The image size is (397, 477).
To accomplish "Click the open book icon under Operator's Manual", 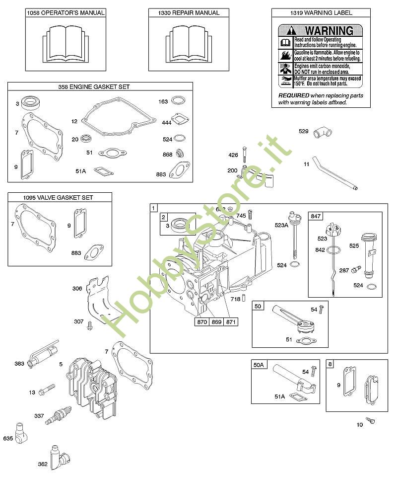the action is [66, 43].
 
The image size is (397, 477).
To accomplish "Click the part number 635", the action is [8, 439].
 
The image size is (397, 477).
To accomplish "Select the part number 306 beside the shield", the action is [77, 288].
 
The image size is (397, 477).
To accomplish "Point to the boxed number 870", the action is [201, 322].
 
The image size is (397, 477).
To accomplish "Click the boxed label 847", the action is [317, 216].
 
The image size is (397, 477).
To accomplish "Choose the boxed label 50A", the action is [259, 365].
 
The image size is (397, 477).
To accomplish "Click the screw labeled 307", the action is [90, 325].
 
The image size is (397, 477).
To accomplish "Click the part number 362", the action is [43, 464].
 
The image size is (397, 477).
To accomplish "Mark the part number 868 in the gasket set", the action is [167, 155].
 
